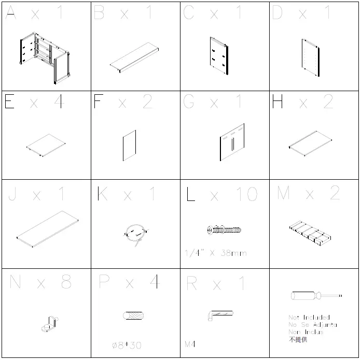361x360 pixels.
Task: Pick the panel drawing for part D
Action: pyautogui.click(x=312, y=57)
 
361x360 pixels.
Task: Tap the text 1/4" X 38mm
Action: pyautogui.click(x=215, y=253)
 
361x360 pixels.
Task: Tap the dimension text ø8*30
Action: pyautogui.click(x=127, y=345)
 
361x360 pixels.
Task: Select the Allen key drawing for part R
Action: pyautogui.click(x=219, y=314)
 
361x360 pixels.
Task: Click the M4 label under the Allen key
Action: pyautogui.click(x=190, y=343)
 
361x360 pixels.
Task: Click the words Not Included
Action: pyautogui.click(x=309, y=317)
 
